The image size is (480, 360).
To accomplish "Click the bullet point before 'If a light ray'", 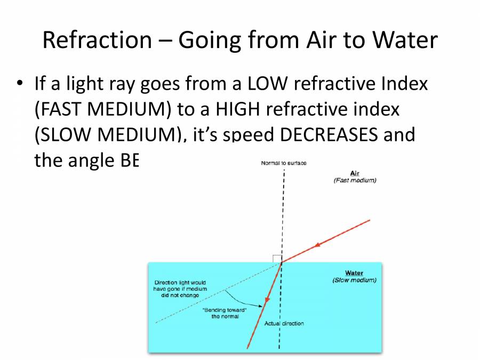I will point(20,84).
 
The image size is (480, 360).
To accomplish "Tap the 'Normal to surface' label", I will point(284,163).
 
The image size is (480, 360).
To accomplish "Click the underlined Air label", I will point(355,173).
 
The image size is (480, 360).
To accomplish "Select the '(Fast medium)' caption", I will point(355,180).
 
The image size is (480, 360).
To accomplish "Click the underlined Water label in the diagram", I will point(354,273).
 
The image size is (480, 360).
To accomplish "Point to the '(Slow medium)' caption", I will point(354,280).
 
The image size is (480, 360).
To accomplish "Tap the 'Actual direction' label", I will point(284,323).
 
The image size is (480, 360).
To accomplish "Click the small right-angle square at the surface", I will point(277,259).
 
